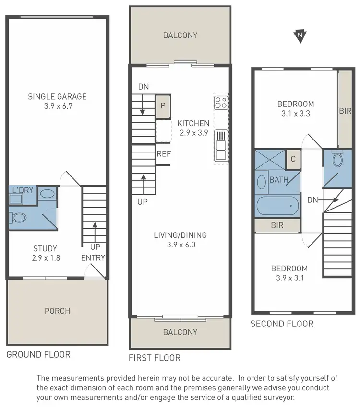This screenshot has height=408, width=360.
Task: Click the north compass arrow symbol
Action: click(300, 35)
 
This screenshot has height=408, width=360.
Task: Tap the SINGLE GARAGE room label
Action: click(57, 96)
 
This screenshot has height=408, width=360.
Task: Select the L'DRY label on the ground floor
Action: click(23, 190)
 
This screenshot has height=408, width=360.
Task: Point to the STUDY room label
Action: click(45, 248)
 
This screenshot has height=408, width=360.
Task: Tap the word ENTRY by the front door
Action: click(93, 258)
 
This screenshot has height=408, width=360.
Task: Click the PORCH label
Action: click(57, 311)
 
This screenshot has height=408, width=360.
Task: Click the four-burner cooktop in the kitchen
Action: click(221, 102)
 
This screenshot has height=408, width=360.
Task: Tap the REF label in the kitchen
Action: click(163, 154)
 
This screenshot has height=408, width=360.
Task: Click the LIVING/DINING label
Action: click(180, 235)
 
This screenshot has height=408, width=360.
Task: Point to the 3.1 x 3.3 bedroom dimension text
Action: click(295, 114)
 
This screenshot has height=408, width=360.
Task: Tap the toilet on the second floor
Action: click(337, 160)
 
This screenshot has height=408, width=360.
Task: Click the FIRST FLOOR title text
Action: click(155, 358)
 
